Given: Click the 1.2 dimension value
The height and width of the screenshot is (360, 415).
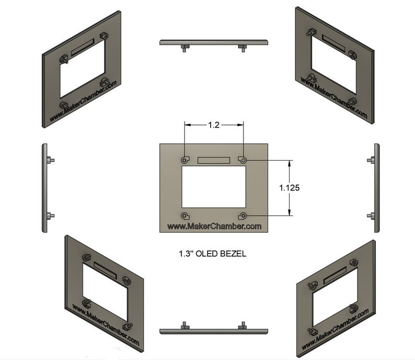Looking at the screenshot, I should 213,125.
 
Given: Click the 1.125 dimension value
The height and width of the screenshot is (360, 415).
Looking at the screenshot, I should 289,187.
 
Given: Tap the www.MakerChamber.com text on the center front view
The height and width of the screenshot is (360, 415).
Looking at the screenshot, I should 214,226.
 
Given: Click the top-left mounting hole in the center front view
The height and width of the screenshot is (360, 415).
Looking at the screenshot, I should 185,160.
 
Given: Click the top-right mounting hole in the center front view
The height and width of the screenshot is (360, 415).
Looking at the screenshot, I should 243,160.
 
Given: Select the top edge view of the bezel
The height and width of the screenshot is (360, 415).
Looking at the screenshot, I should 213,42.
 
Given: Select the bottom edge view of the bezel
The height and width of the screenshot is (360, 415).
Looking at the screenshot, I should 213,331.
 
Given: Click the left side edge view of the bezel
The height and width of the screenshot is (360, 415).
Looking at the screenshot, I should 44,187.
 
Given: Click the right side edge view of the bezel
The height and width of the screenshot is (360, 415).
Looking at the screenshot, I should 377,187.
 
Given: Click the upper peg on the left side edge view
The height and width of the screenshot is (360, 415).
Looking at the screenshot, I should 50,160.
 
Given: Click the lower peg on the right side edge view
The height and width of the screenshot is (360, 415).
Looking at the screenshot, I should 371,216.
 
